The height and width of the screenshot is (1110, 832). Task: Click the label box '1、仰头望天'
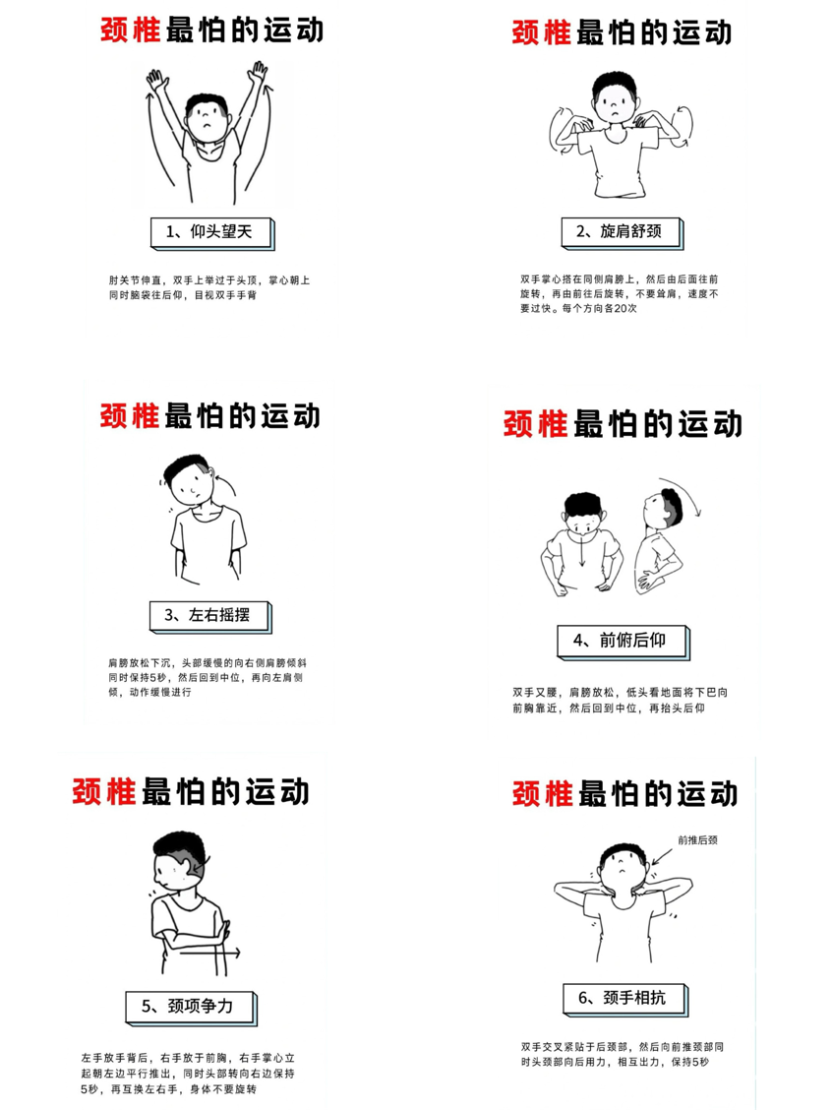pyautogui.click(x=208, y=232)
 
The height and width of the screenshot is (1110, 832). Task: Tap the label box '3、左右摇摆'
pyautogui.click(x=207, y=616)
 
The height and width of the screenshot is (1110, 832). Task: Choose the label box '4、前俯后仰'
pyautogui.click(x=620, y=641)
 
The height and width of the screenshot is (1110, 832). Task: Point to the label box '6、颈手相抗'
pyautogui.click(x=623, y=998)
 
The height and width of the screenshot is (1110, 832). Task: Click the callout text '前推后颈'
pyautogui.click(x=697, y=840)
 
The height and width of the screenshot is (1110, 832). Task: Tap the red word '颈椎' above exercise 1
pyautogui.click(x=130, y=30)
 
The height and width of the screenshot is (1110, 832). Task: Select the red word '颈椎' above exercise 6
pyautogui.click(x=543, y=793)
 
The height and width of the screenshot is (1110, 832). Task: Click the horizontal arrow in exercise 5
pyautogui.click(x=208, y=953)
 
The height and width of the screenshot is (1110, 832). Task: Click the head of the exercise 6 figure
pyautogui.click(x=622, y=863)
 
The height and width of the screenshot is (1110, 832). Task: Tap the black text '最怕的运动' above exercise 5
pyautogui.click(x=226, y=789)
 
